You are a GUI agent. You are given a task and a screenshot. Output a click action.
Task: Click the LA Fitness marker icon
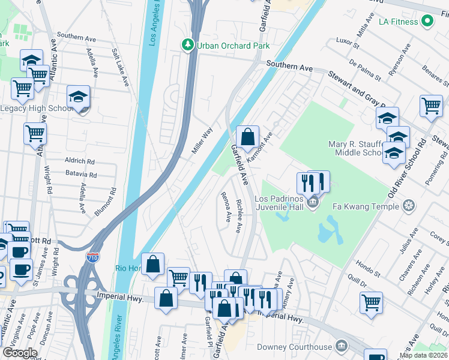click(427, 22)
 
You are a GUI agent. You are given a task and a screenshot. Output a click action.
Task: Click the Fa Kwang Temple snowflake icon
click(408, 206)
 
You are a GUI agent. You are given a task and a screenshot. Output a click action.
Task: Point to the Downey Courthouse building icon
click(341, 347)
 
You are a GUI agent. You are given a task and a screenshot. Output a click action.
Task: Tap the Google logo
click(20, 353)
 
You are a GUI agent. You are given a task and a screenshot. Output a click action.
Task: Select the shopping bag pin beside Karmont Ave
click(247, 137)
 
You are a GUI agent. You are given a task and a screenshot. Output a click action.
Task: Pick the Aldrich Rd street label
click(80, 162)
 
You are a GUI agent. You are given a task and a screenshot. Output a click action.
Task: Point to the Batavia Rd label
click(81, 175)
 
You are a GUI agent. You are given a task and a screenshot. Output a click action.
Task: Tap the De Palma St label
click(365, 70)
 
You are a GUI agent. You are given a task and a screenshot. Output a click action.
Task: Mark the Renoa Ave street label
click(226, 207)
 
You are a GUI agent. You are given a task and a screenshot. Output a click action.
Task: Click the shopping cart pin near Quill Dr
click(371, 302)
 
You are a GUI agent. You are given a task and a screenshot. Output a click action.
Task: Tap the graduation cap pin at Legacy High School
click(78, 97)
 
